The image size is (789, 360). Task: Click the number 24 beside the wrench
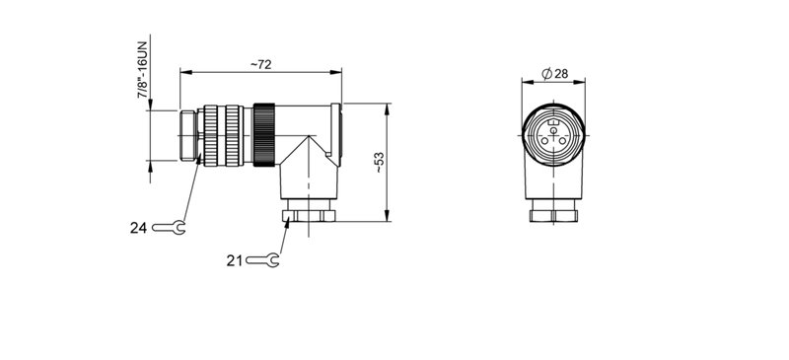pos(138,227)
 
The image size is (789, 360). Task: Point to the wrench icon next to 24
pos(170,227)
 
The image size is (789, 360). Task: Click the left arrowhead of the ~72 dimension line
pos(183,72)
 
